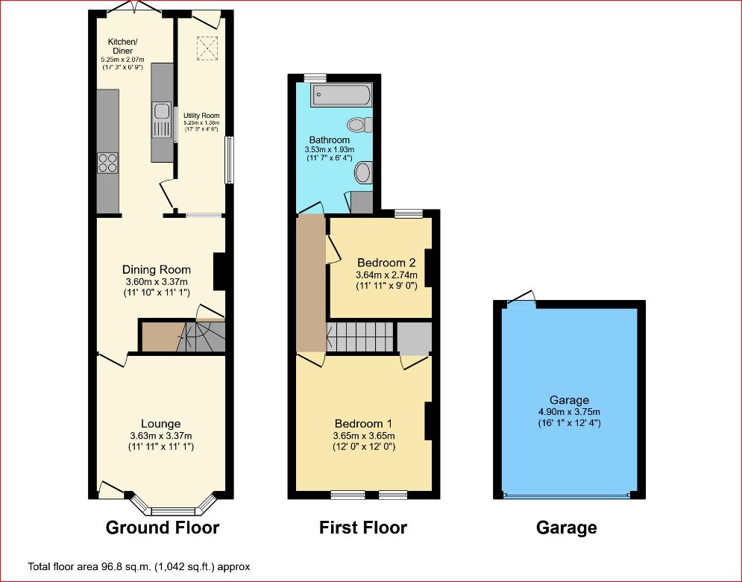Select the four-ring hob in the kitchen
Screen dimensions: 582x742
click(x=107, y=162)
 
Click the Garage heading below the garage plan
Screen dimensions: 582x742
click(x=566, y=528)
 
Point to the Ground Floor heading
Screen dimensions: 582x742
click(x=163, y=528)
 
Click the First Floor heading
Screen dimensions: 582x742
click(x=362, y=528)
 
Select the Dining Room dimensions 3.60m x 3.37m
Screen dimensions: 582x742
click(x=157, y=281)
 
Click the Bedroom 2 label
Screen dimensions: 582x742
click(x=386, y=263)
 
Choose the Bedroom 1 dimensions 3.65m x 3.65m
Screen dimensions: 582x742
click(x=363, y=436)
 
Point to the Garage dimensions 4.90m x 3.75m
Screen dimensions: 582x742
click(x=569, y=412)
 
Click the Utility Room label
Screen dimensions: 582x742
click(x=201, y=116)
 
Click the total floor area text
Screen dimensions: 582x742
click(x=139, y=566)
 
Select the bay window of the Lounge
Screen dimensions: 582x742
click(x=172, y=509)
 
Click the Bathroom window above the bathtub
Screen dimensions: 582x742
click(x=315, y=76)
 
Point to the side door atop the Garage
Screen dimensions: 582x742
click(x=521, y=300)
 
